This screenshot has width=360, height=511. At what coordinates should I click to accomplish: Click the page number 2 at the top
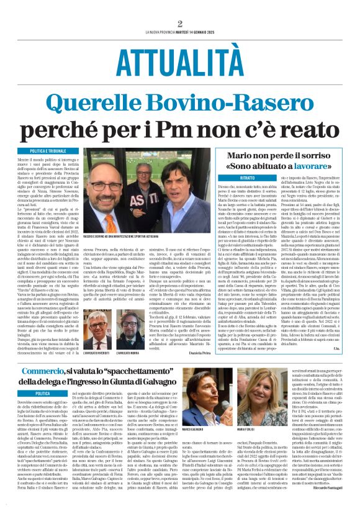pos(179,24)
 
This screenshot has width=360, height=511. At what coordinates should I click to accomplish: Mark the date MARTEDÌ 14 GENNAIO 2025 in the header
pos(209,31)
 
